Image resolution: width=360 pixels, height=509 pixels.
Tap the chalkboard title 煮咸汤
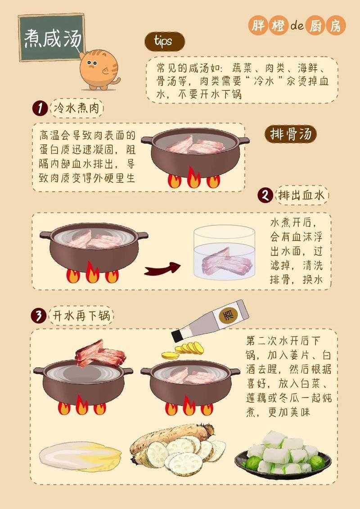tap(52, 39)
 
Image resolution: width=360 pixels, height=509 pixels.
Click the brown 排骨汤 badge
tap(290, 134)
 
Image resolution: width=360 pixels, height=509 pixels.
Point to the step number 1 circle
tap(40, 108)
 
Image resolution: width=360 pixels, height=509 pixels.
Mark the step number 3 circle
tap(39, 316)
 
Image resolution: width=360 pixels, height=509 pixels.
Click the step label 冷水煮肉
tap(78, 108)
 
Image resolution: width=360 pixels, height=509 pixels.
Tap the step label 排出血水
tap(301, 195)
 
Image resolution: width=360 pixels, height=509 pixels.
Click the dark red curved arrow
tap(162, 269)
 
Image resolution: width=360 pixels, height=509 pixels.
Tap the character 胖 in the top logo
tap(258, 26)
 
